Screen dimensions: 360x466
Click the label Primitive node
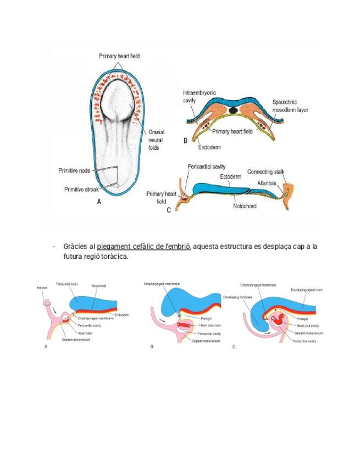coord(74,170)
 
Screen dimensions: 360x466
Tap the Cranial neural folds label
coord(156,140)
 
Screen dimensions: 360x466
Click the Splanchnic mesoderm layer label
coord(290,106)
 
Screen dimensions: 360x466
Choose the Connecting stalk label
coord(265,171)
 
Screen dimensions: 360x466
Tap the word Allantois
coord(268,182)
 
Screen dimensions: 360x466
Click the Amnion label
coord(42,288)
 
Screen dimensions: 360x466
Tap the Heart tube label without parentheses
coord(85,333)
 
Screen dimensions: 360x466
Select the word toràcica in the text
coord(113,257)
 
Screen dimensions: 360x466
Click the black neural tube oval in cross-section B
coord(234,110)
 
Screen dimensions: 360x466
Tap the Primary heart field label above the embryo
coord(119,56)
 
